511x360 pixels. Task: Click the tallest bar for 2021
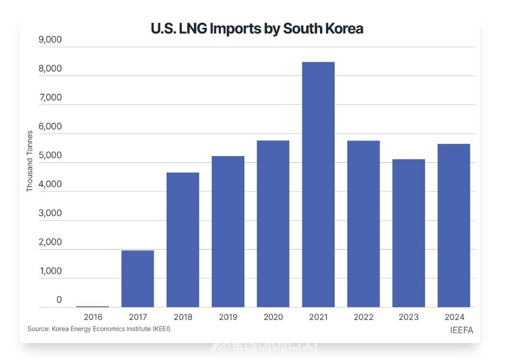pos(318,184)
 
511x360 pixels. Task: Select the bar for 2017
pos(137,279)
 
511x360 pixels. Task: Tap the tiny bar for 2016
pos(93,306)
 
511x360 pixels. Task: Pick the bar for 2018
pos(183,240)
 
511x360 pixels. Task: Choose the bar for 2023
pos(408,233)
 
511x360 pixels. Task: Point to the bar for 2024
pos(454,225)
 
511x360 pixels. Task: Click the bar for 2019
pos(228,231)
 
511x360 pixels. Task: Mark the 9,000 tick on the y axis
pos(51,40)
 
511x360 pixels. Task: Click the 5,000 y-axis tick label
pos(51,156)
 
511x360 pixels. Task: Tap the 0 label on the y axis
pos(59,300)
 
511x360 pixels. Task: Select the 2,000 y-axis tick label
pos(51,242)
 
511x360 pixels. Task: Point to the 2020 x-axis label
pos(273,317)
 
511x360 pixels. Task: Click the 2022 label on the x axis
pos(363,317)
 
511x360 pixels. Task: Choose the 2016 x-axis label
pos(93,317)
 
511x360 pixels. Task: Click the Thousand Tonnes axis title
pos(30,161)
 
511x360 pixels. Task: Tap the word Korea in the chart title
pos(344,28)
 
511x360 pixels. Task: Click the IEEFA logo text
pos(461,330)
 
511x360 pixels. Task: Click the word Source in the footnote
pos(38,329)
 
